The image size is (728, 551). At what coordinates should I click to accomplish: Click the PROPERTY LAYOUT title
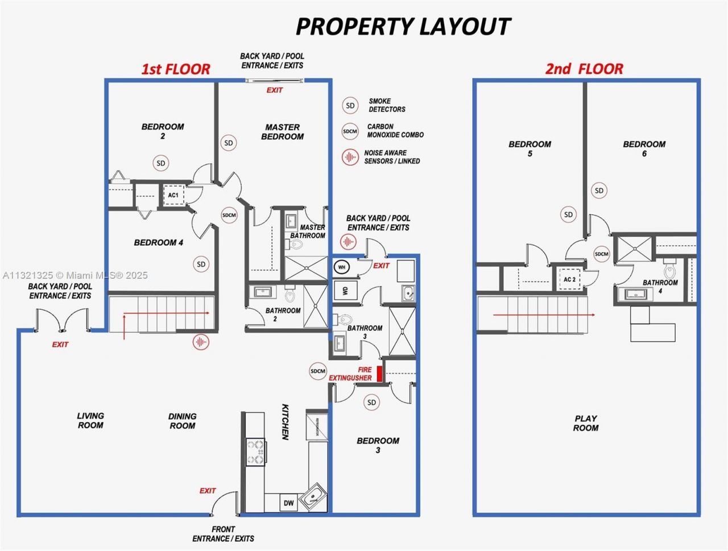point(403,26)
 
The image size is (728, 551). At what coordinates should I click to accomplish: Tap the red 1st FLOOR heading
point(176,69)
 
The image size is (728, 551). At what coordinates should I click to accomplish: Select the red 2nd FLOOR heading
point(584,69)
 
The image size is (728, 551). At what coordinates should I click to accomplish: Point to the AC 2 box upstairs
point(569,279)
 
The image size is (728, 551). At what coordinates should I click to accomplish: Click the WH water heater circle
point(342,267)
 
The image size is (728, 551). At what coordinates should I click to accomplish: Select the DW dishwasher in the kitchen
point(288,503)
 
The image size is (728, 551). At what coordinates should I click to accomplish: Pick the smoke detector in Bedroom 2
point(161,163)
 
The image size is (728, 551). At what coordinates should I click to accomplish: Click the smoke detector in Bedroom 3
point(371,403)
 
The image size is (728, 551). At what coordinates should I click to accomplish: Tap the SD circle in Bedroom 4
point(201,264)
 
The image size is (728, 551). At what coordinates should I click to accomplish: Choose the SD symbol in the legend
point(350,106)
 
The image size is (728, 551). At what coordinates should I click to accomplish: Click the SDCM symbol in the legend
point(350,131)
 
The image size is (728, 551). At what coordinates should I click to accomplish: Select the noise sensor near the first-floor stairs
point(200,342)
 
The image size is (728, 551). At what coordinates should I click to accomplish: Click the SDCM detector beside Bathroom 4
point(602,254)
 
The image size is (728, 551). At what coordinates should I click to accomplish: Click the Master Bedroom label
point(282,132)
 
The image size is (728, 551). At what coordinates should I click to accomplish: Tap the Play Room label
point(585,423)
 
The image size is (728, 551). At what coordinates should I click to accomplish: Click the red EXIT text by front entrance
point(208,491)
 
